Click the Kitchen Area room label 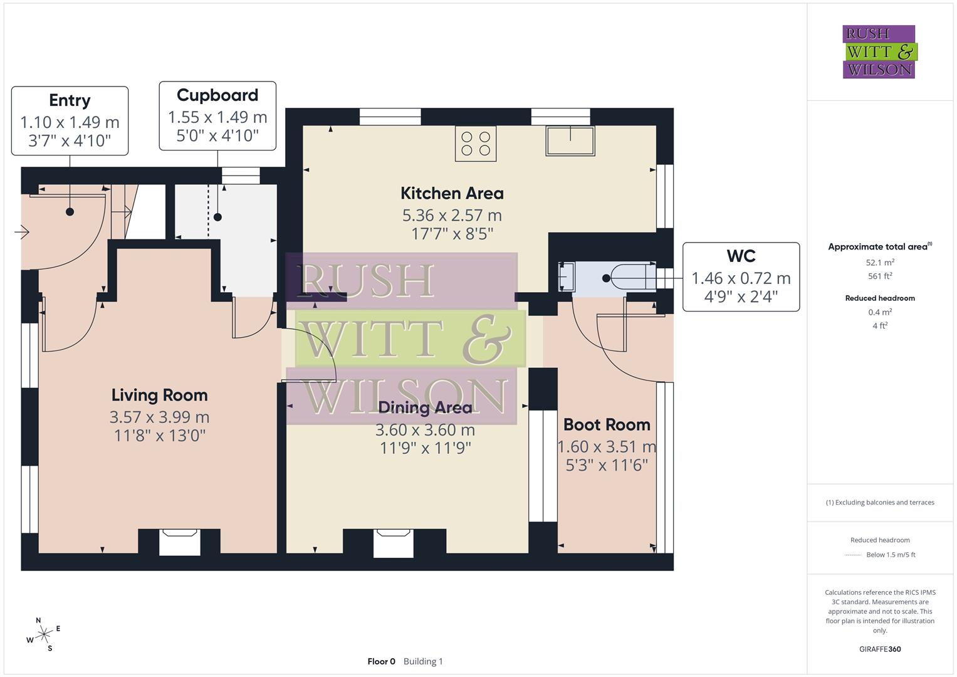coord(452,193)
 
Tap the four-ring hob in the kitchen coord(476,143)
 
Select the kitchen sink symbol coord(570,140)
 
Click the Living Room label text coord(159,395)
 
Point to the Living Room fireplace coord(180,542)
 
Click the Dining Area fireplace coord(394,543)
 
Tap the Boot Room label coord(606,424)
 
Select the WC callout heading coord(741,256)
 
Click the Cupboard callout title coord(217,95)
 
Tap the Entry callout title coord(70,100)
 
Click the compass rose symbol coord(43,634)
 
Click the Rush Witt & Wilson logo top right coord(879,51)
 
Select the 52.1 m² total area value coord(880,263)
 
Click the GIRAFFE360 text coord(880,649)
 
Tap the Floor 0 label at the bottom coord(381,661)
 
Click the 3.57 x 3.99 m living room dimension coord(159,417)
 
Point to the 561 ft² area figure coord(880,276)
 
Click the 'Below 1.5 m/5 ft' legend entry coord(891,555)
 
